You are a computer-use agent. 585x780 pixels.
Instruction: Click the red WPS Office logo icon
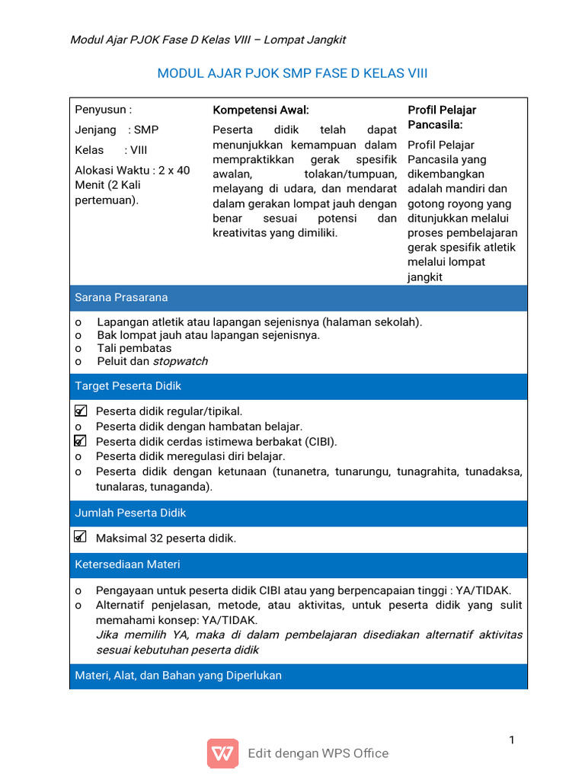(x=222, y=753)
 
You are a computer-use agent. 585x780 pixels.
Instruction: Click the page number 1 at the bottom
(x=513, y=740)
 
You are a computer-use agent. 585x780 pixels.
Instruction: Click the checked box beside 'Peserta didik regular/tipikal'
(x=81, y=411)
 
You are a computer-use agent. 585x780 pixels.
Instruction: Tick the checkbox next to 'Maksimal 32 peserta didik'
(x=81, y=538)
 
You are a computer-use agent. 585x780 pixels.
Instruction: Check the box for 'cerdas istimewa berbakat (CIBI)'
(x=81, y=441)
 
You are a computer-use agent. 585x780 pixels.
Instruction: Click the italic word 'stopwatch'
(x=181, y=361)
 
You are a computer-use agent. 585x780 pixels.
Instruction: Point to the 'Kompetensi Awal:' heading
(x=261, y=110)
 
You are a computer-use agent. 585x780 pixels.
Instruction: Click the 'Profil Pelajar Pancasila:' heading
(x=442, y=117)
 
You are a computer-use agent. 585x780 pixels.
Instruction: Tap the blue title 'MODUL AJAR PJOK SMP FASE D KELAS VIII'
(x=292, y=73)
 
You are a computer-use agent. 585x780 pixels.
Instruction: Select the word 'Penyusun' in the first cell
(x=97, y=110)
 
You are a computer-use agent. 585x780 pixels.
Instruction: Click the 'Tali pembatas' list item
(x=134, y=348)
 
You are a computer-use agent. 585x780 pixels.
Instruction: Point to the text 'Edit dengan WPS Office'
(x=318, y=753)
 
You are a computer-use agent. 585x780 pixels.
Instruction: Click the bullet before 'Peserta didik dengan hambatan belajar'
(x=78, y=427)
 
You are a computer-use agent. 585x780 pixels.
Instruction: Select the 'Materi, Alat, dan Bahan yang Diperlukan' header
(x=178, y=676)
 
